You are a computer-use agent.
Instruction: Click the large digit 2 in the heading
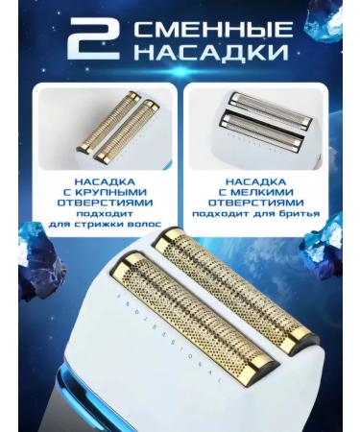pyautogui.click(x=94, y=40)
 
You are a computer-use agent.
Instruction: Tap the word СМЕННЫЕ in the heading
pyautogui.click(x=213, y=30)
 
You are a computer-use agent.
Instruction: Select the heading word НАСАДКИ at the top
pyautogui.click(x=211, y=51)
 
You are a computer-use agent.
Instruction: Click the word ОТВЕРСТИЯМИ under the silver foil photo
pyautogui.click(x=255, y=203)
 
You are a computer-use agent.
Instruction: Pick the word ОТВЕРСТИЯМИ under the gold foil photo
pyautogui.click(x=105, y=203)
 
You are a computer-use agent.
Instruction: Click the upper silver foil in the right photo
pyautogui.click(x=270, y=108)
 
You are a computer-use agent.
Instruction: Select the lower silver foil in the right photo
pyautogui.click(x=261, y=130)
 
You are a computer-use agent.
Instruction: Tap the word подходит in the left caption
pyautogui.click(x=105, y=214)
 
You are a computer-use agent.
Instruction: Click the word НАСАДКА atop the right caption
pyautogui.click(x=256, y=181)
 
